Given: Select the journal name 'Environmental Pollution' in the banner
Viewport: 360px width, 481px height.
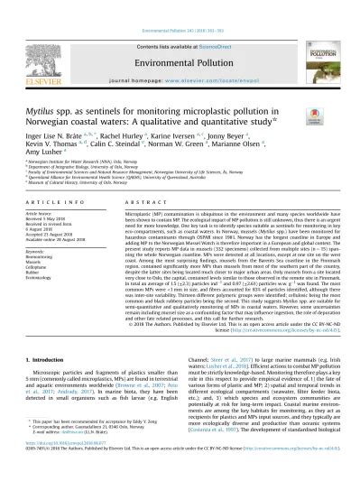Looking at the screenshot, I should (179, 40).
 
